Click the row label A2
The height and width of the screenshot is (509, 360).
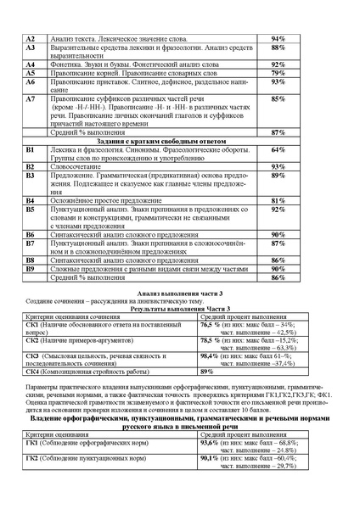[31, 39]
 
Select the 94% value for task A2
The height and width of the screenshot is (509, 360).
[278, 39]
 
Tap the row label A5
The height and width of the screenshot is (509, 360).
[31, 74]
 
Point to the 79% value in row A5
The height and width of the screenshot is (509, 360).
[278, 74]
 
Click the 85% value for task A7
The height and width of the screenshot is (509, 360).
[278, 99]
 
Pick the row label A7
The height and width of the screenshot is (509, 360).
[31, 99]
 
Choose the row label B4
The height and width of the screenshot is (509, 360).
[31, 200]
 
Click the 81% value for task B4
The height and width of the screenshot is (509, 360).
[278, 200]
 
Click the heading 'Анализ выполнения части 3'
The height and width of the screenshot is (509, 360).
[179, 292]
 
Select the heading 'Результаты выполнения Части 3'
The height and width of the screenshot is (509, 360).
[179, 308]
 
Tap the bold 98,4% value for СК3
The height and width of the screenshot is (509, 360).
[210, 356]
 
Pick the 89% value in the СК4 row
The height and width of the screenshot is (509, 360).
[206, 372]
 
